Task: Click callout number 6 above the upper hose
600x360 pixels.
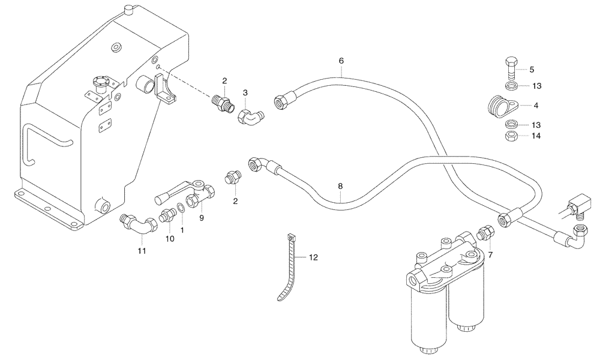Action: click(341, 61)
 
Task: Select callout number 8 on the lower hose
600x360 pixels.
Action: click(340, 186)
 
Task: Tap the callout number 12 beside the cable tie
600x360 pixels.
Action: click(313, 257)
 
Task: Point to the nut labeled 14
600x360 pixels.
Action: click(511, 136)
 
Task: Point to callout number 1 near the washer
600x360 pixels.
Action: click(182, 230)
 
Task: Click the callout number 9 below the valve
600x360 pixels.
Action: click(202, 218)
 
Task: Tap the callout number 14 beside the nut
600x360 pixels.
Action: click(536, 136)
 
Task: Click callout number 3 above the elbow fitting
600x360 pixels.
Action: click(245, 93)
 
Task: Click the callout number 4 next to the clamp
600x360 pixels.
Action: click(536, 105)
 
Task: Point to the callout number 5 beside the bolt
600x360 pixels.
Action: click(532, 69)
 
